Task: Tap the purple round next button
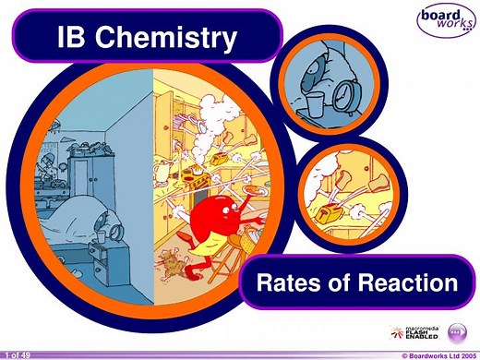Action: (456, 332)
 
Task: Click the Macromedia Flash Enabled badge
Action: (418, 332)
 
